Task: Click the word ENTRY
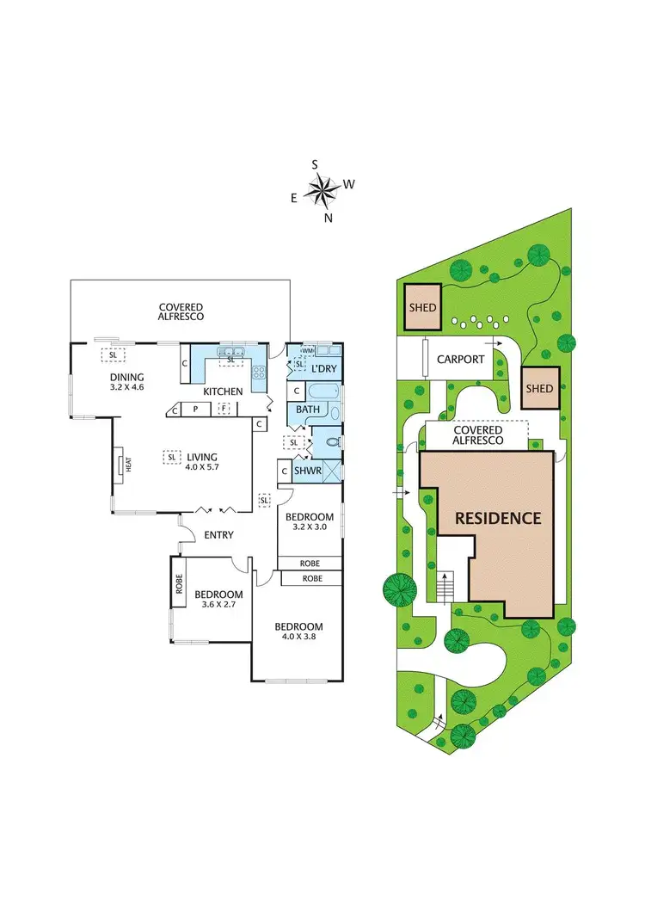click(x=218, y=535)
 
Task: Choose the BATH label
click(x=307, y=410)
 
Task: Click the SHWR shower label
click(x=307, y=471)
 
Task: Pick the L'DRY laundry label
click(x=323, y=369)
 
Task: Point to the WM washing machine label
click(x=306, y=351)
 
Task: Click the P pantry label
click(x=195, y=410)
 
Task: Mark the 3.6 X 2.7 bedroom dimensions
click(x=218, y=605)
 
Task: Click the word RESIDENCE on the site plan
click(x=498, y=518)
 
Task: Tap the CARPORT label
click(x=461, y=360)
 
